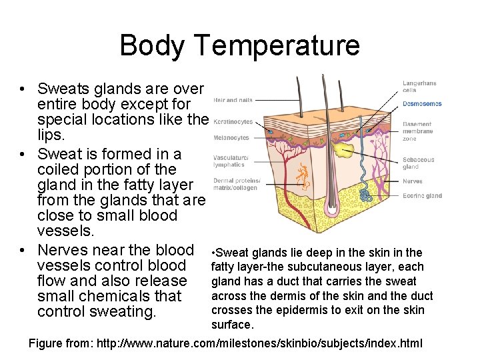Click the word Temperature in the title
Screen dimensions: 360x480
tap(278, 45)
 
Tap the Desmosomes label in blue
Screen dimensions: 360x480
tap(422, 103)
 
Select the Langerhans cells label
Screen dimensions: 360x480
tap(419, 87)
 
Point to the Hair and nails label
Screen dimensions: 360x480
tap(233, 100)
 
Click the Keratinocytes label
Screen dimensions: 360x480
tap(233, 123)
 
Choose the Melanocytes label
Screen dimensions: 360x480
tap(231, 137)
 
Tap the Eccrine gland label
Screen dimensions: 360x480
tap(422, 195)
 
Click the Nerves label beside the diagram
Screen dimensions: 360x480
tap(413, 181)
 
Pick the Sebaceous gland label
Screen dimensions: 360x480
tap(418, 163)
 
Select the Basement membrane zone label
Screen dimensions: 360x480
tap(418, 131)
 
